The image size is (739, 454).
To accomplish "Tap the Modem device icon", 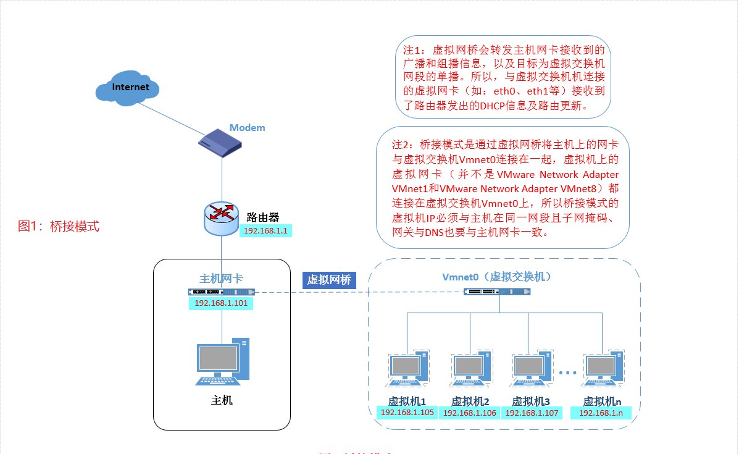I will coord(219,145).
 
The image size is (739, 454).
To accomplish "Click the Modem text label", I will coord(247,128).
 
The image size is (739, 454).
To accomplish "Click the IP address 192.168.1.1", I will coord(267,230).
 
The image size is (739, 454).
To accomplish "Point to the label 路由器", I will coord(263,217).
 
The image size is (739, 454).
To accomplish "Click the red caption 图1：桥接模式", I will coord(59,226).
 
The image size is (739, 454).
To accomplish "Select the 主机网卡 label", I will coord(221,277).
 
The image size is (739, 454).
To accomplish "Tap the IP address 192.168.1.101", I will coord(220,303).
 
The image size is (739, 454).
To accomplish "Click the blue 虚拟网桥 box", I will coord(329,280).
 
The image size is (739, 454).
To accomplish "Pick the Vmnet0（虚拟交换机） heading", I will coord(496,276).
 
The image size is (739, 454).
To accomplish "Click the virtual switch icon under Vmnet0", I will coord(497,292).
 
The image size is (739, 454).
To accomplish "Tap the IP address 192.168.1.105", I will coord(407,412).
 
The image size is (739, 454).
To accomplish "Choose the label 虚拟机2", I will coord(470,400).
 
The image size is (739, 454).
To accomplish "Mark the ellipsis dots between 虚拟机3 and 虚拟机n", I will coord(567,372).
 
